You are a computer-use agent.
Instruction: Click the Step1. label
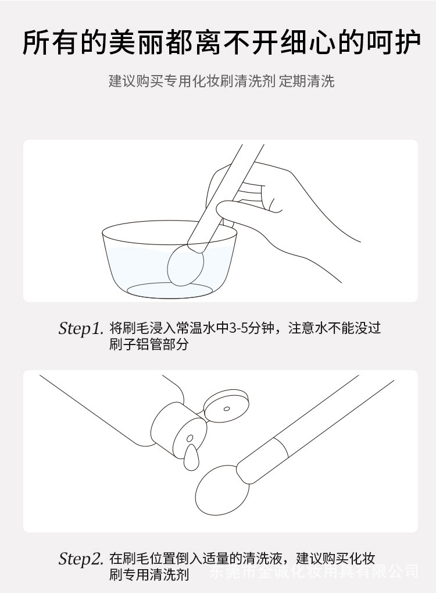pos(80,329)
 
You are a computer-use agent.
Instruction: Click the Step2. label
pos(80,560)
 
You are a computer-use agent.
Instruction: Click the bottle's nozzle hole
pos(189,438)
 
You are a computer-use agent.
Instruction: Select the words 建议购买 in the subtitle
pos(135,81)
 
